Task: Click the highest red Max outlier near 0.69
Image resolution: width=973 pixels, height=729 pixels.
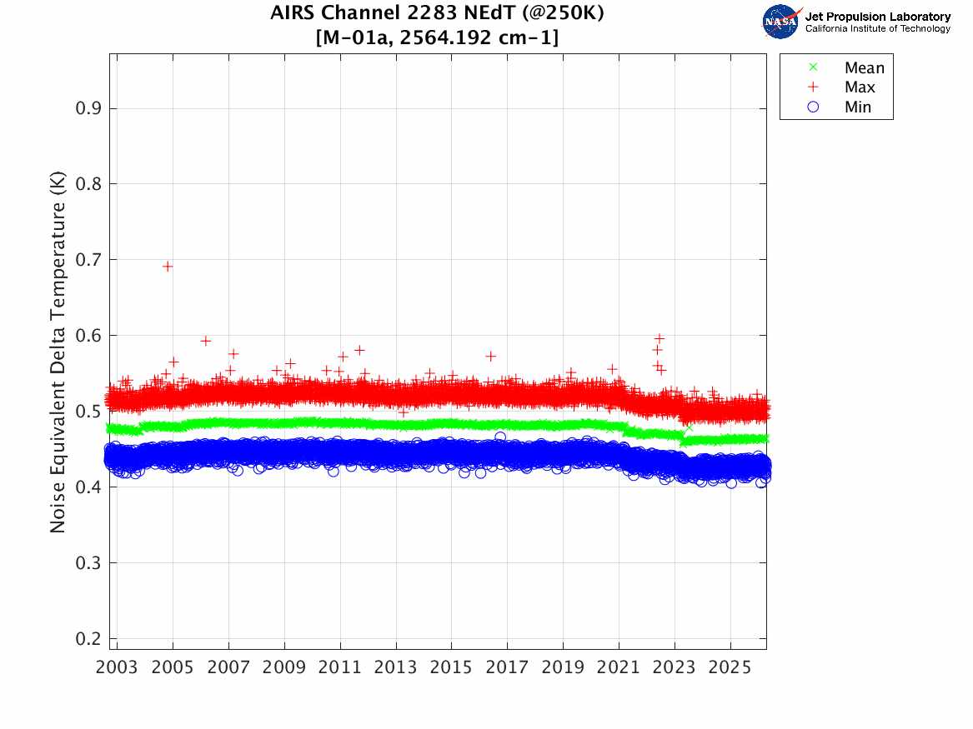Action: [x=168, y=267]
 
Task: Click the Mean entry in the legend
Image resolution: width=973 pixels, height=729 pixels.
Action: [x=864, y=68]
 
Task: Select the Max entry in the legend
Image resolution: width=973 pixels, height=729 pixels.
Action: [x=859, y=87]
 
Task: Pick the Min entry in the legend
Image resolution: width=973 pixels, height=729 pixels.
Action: [x=858, y=107]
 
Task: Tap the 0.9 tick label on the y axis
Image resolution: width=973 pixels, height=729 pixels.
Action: [x=90, y=108]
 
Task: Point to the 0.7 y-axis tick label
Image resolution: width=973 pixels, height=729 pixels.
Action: [x=90, y=260]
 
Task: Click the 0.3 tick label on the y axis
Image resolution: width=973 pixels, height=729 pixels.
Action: [x=90, y=563]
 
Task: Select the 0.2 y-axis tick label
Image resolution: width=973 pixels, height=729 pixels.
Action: [x=90, y=639]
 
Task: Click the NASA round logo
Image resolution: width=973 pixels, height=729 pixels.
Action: [x=781, y=21]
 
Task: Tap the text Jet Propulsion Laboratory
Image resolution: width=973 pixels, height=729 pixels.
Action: [x=877, y=17]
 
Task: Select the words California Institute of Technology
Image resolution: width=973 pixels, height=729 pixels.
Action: [x=877, y=29]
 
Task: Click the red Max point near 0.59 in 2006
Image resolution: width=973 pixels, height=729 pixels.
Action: [x=205, y=341]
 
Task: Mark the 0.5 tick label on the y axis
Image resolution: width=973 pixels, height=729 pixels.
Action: [x=90, y=412]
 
